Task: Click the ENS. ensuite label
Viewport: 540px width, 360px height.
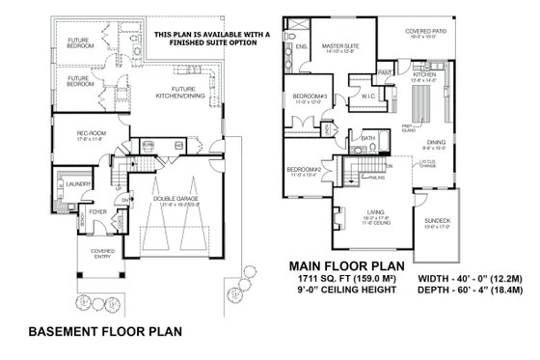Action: pyautogui.click(x=300, y=45)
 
